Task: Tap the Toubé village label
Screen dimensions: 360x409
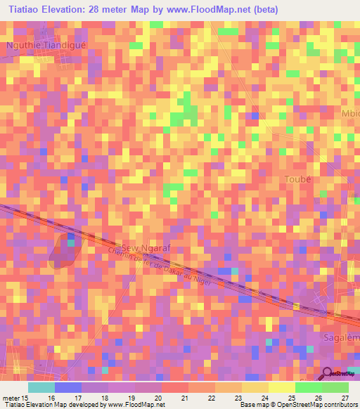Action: point(297,179)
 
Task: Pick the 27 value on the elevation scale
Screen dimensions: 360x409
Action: point(345,398)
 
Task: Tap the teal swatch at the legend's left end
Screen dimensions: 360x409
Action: point(41,387)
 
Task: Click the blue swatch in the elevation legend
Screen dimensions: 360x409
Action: point(68,387)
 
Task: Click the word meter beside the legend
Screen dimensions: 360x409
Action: point(11,398)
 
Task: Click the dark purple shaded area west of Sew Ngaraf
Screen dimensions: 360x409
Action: point(65,252)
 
